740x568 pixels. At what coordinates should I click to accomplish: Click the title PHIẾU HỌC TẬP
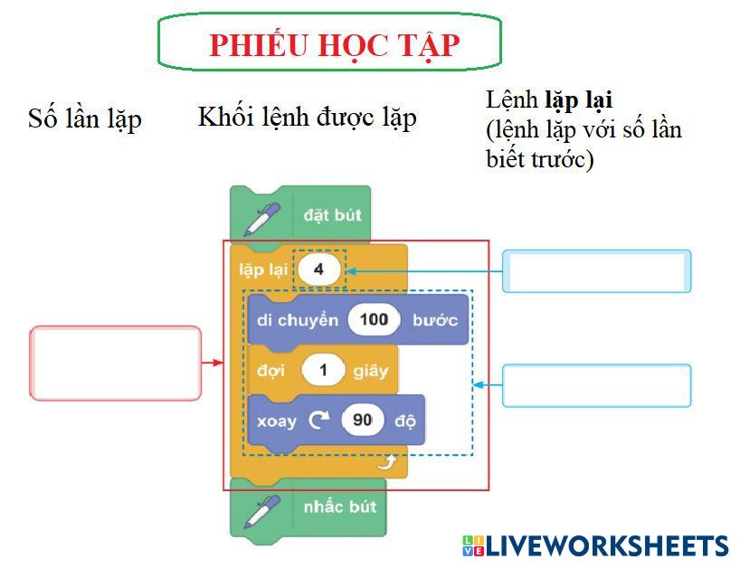click(x=334, y=44)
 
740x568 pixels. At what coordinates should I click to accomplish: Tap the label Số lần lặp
click(x=85, y=119)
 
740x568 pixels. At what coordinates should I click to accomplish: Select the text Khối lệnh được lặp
click(x=307, y=117)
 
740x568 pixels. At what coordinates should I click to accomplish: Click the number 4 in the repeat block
click(x=319, y=270)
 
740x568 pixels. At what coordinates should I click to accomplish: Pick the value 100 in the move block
click(x=374, y=320)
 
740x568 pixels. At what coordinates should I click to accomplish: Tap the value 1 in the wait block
click(x=323, y=370)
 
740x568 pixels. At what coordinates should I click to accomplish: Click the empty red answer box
click(x=116, y=363)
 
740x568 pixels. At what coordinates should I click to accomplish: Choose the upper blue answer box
click(x=596, y=271)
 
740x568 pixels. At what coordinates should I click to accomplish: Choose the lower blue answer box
click(x=596, y=385)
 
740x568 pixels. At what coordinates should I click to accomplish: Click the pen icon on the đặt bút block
click(x=261, y=217)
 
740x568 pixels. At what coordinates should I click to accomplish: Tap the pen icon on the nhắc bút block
click(x=261, y=508)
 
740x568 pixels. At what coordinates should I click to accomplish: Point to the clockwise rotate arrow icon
click(x=318, y=421)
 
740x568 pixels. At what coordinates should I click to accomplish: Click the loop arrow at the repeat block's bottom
click(x=387, y=464)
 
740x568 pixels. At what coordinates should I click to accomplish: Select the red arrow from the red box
click(x=212, y=363)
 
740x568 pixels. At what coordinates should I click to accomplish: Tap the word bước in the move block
click(x=434, y=320)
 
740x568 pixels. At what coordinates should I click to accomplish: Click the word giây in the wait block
click(x=371, y=370)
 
